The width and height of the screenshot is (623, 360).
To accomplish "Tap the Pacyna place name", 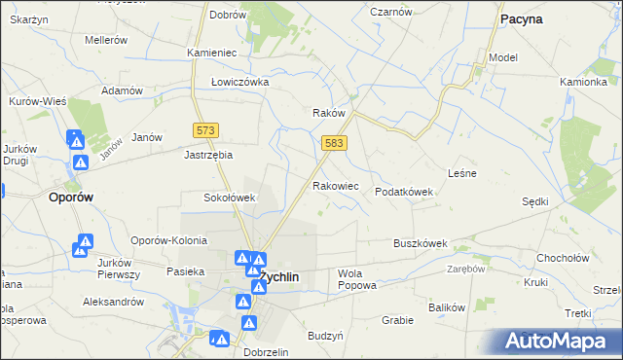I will [521, 18].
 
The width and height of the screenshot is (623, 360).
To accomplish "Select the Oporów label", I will [71, 196].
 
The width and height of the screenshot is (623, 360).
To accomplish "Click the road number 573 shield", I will [205, 130].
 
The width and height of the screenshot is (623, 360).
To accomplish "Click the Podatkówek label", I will [404, 192].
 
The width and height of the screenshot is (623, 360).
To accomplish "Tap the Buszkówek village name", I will [420, 242].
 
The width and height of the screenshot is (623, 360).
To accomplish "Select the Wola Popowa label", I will [355, 280].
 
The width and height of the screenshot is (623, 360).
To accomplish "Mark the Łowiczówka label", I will [239, 82].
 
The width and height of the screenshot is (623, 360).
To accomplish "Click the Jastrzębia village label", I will [209, 154].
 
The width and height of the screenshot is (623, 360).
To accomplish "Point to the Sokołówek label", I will [229, 198].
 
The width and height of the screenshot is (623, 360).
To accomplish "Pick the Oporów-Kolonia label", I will [165, 239].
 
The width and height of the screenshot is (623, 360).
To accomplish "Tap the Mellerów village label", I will [107, 40].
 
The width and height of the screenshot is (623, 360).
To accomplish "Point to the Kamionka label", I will [583, 82].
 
